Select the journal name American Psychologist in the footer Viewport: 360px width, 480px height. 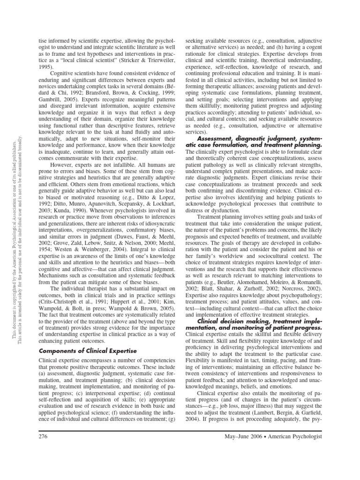tap(297, 464)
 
